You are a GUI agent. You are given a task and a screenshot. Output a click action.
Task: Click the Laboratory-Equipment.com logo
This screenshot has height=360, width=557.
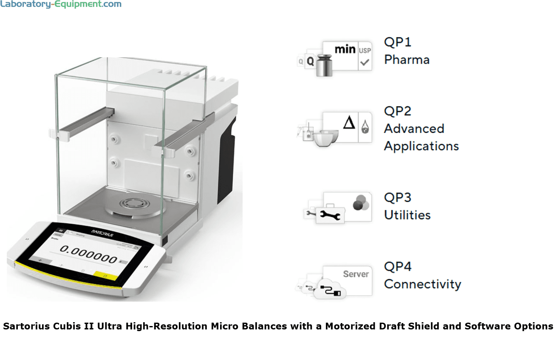[61, 5]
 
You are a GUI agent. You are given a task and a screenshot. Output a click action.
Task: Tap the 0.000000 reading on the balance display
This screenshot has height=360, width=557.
[88, 255]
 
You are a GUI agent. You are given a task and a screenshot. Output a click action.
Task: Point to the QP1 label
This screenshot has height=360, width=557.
[398, 42]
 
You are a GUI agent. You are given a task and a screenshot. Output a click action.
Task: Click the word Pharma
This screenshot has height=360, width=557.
[407, 60]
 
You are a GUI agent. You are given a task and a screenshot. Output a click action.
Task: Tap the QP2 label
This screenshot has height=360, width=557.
[398, 111]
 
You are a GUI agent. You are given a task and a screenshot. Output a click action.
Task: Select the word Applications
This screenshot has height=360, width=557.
[421, 146]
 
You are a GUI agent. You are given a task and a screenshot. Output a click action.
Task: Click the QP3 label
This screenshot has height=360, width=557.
[398, 197]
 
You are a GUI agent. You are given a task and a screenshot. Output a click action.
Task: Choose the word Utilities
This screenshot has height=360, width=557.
[407, 215]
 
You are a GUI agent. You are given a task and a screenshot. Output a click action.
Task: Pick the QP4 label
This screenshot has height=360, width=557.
[398, 267]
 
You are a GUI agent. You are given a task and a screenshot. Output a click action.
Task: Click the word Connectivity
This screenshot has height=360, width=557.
[422, 284]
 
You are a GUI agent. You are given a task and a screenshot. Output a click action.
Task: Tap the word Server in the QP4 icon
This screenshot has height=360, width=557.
[356, 274]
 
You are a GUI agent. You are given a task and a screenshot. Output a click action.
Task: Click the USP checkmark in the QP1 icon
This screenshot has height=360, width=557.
[365, 63]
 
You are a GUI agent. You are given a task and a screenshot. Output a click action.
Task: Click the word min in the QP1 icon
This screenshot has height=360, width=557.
[345, 49]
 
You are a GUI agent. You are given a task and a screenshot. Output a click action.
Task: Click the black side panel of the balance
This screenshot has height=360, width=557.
[226, 161]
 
